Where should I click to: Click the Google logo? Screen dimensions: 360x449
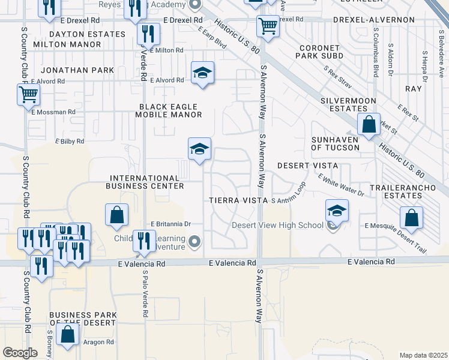point(20,353)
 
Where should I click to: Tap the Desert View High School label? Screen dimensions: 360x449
point(278,226)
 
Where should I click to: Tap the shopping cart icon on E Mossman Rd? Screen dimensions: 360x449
point(28,95)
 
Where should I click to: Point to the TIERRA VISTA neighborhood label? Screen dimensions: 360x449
point(237,200)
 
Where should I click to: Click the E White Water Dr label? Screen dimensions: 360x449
point(341,185)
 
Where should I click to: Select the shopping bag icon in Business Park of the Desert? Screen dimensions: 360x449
point(68,335)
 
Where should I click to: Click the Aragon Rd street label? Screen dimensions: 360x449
point(98,342)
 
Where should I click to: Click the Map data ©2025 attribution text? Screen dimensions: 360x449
point(423,355)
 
